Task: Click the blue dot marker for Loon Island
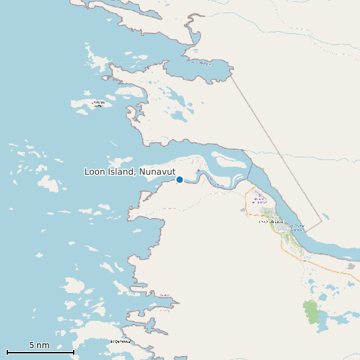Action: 179,179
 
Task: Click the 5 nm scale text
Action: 39,345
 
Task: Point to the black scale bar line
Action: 40,351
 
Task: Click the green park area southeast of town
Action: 311,312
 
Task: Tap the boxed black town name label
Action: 270,222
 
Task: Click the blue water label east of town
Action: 298,228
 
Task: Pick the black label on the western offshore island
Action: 98,104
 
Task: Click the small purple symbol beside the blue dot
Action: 197,171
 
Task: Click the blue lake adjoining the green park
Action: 323,319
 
